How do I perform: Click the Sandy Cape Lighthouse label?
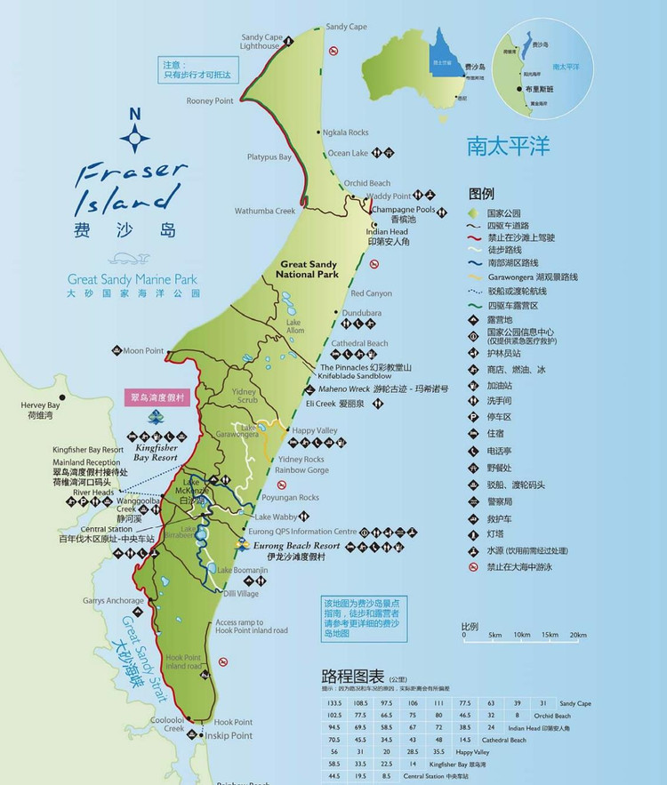click(x=261, y=42)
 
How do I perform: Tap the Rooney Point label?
click(x=210, y=101)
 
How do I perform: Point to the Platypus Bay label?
click(x=269, y=157)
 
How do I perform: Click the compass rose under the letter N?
click(x=135, y=137)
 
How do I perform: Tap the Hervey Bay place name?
click(x=39, y=405)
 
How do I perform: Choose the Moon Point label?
click(x=144, y=351)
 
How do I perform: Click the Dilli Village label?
click(x=241, y=593)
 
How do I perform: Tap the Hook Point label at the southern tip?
click(x=234, y=722)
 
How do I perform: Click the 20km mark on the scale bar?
click(x=578, y=635)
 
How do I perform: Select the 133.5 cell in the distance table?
click(x=334, y=703)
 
